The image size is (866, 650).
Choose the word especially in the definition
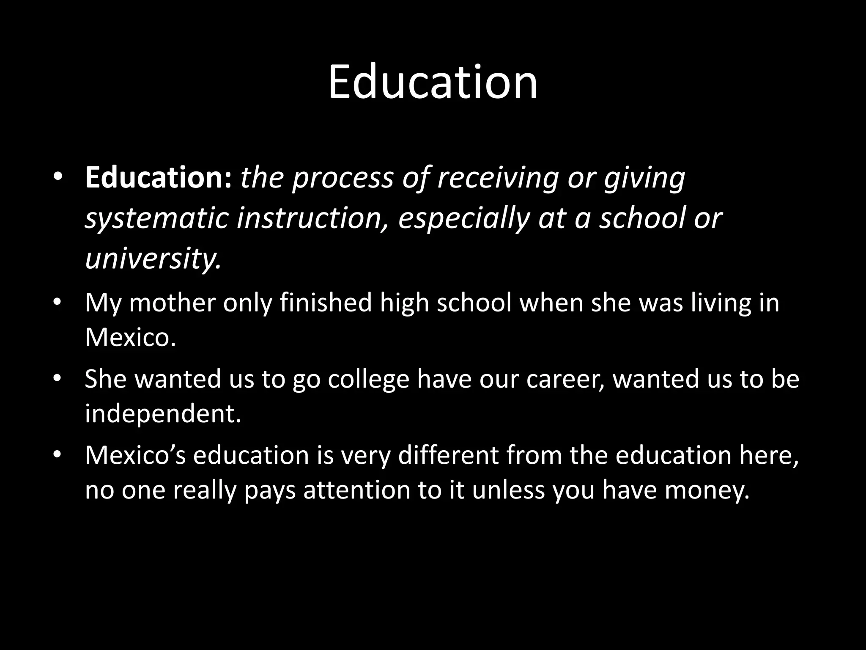click(464, 218)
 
